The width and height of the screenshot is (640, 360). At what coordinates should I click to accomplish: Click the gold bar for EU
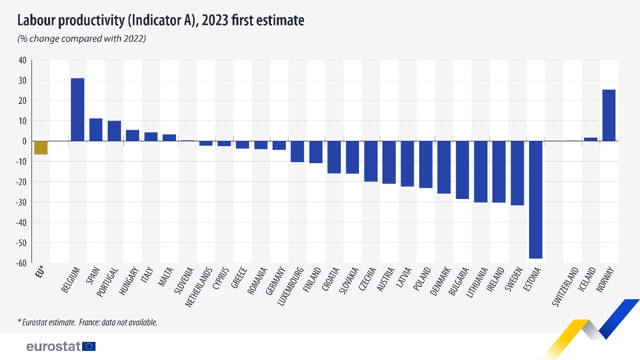pos(41,148)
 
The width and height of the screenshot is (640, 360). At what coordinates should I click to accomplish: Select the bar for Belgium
pos(77,110)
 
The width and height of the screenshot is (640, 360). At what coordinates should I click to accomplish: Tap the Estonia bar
pos(535,199)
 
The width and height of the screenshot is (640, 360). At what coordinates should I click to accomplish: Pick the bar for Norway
pos(609,115)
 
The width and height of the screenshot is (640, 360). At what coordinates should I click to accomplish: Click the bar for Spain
pos(96,130)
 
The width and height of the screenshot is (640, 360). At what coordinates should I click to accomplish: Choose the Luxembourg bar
pos(297,151)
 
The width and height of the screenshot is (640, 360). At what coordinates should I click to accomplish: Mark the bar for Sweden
pos(517,173)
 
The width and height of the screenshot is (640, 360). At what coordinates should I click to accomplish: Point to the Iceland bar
pos(590,139)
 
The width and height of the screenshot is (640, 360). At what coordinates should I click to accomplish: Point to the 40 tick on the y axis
pos(22,60)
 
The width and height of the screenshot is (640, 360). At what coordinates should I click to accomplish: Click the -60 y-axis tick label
pos(21,263)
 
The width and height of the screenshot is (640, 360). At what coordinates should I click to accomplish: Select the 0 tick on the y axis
pos(25,141)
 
